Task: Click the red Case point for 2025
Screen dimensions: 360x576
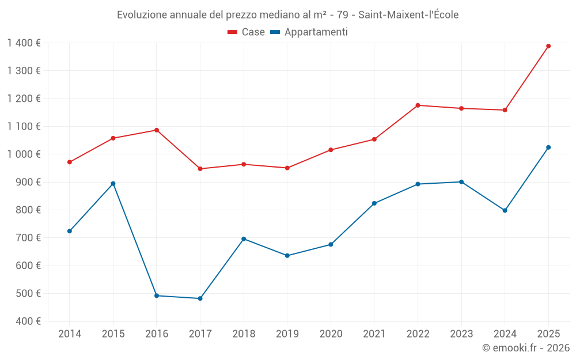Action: pyautogui.click(x=548, y=46)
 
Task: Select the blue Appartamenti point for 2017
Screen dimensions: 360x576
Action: pyautogui.click(x=200, y=298)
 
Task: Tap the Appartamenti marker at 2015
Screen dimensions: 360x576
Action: pyautogui.click(x=113, y=184)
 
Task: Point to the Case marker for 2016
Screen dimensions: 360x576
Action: pyautogui.click(x=157, y=130)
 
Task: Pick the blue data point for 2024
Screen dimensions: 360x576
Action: pyautogui.click(x=505, y=210)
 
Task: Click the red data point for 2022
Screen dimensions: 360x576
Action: pyautogui.click(x=418, y=105)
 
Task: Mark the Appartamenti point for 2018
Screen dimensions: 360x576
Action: pyautogui.click(x=244, y=239)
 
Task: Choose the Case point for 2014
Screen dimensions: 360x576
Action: pyautogui.click(x=70, y=162)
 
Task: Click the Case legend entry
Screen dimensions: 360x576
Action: pyautogui.click(x=247, y=32)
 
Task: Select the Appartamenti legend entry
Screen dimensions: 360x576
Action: pyautogui.click(x=309, y=32)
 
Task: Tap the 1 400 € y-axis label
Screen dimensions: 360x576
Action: pyautogui.click(x=24, y=43)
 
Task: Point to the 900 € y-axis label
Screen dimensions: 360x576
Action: pyautogui.click(x=27, y=182)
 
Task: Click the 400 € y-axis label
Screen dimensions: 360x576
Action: pyautogui.click(x=27, y=321)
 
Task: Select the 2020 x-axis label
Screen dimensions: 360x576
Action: pyautogui.click(x=331, y=334)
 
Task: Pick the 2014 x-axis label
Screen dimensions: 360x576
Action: pyautogui.click(x=70, y=334)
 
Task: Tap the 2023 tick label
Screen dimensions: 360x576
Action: pyautogui.click(x=461, y=334)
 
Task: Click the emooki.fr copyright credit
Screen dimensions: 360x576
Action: pyautogui.click(x=525, y=348)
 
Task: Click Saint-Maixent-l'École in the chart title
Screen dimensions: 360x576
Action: pyautogui.click(x=408, y=15)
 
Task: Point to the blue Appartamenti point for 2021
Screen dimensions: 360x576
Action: pyautogui.click(x=374, y=203)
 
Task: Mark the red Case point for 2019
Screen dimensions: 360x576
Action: pyautogui.click(x=287, y=168)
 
